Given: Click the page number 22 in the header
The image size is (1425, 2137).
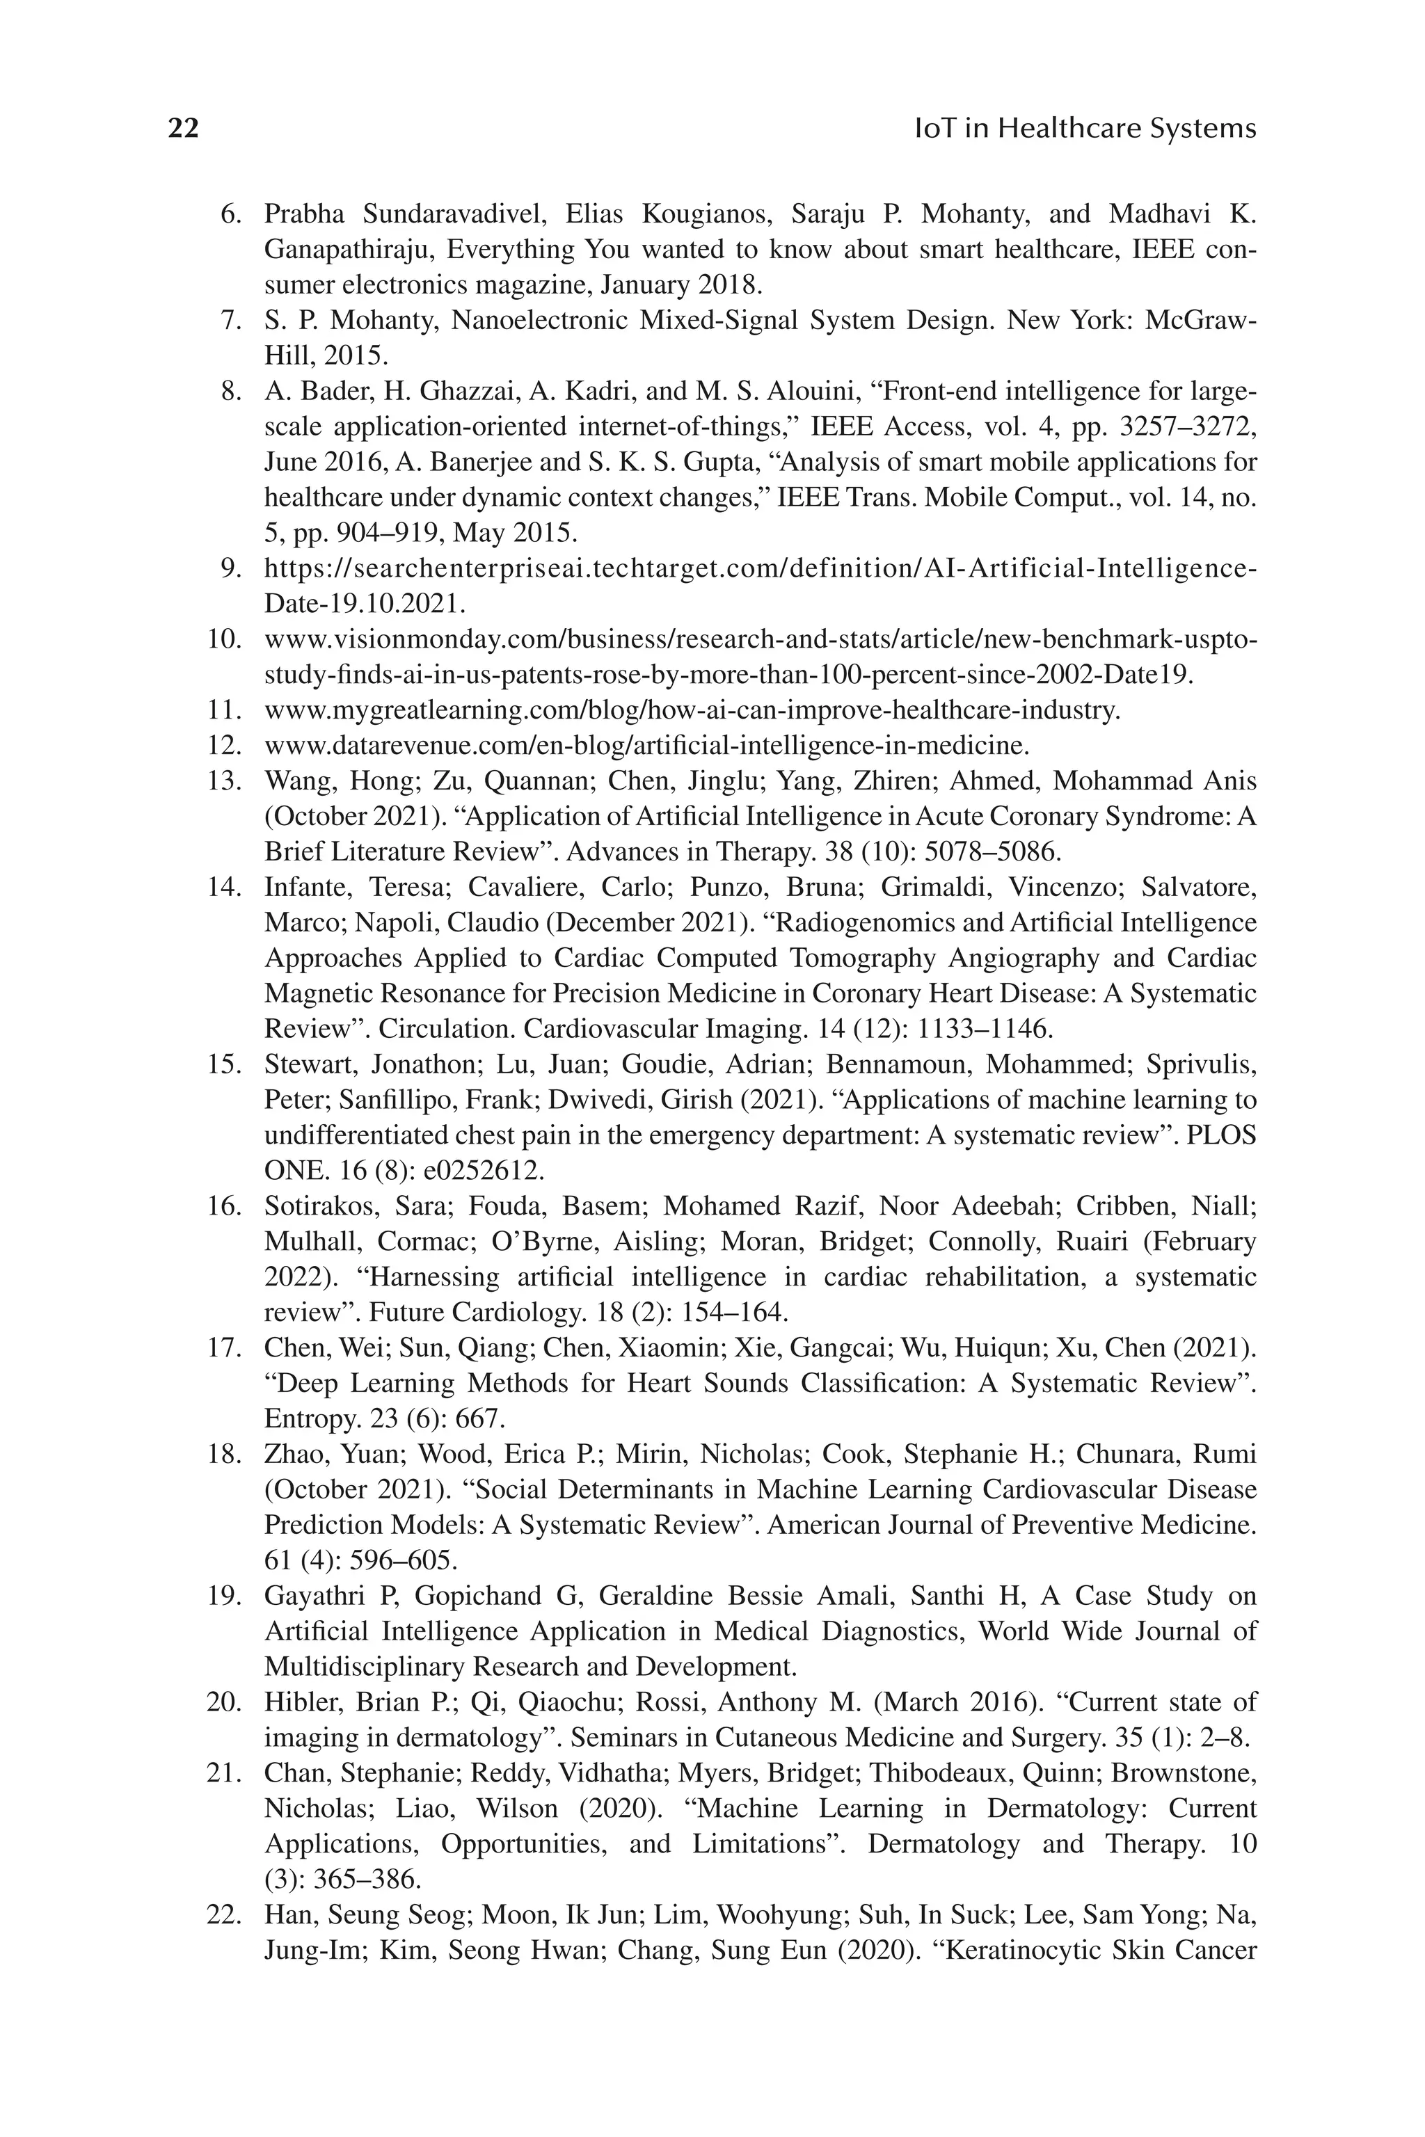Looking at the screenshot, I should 184,129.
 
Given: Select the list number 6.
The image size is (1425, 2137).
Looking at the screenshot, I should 231,214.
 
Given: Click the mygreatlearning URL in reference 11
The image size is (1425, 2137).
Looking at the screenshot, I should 692,710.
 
